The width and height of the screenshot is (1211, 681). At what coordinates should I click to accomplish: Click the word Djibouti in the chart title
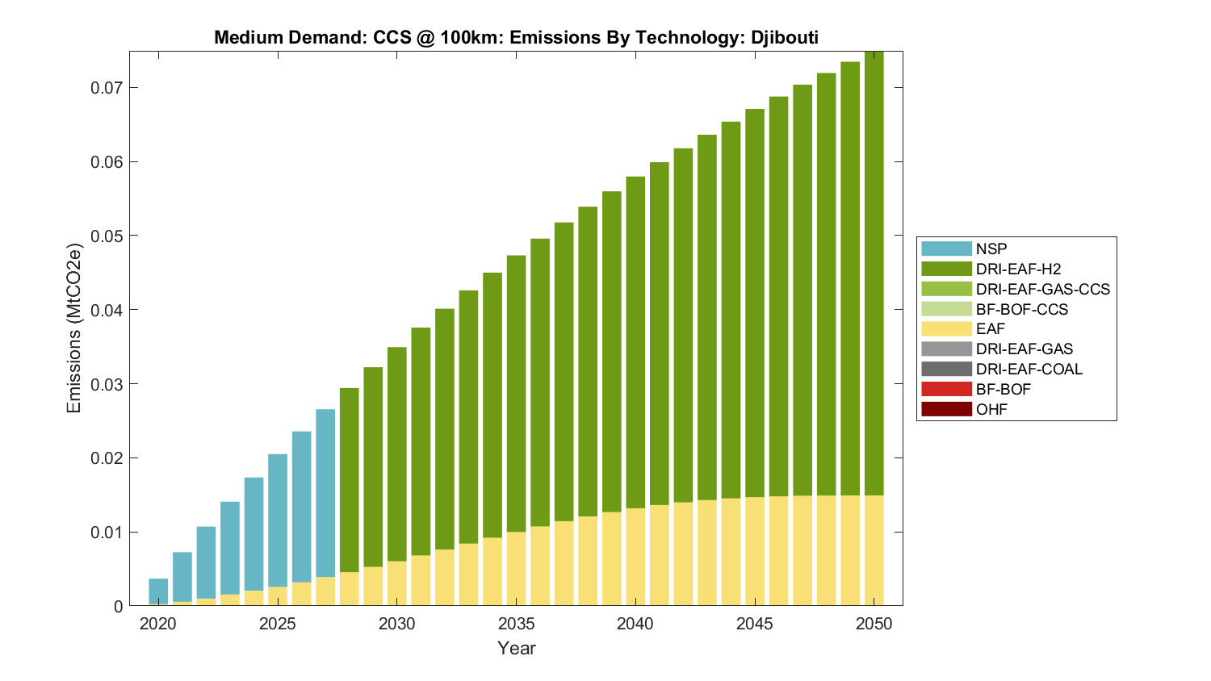(x=779, y=37)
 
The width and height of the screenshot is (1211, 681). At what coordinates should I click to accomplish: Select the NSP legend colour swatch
(x=946, y=249)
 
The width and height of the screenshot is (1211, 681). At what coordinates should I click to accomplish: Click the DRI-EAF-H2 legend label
(x=1018, y=269)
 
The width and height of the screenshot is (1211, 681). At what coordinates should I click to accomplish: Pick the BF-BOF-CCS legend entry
(x=1021, y=309)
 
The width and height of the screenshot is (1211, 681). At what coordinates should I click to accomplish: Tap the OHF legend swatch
(x=946, y=409)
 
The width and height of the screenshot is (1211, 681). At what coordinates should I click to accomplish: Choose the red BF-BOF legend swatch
(x=946, y=389)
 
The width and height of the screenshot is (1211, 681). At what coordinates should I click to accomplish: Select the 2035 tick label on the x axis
(x=517, y=624)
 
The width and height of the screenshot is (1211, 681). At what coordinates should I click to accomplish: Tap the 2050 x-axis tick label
(x=874, y=624)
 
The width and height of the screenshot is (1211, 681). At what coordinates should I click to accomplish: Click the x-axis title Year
(x=517, y=648)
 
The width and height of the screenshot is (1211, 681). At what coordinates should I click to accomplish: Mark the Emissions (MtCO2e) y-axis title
(x=74, y=328)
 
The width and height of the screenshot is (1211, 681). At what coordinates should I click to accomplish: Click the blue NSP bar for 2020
(x=158, y=591)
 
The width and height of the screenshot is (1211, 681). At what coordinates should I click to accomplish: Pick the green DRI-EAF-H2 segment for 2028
(x=349, y=480)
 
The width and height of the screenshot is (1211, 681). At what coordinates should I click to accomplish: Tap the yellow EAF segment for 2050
(x=874, y=550)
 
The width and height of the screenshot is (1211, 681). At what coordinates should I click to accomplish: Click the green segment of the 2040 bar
(x=635, y=342)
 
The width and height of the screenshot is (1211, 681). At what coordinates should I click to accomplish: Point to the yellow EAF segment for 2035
(x=517, y=569)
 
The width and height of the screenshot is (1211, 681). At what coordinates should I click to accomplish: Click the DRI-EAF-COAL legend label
(x=1029, y=370)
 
